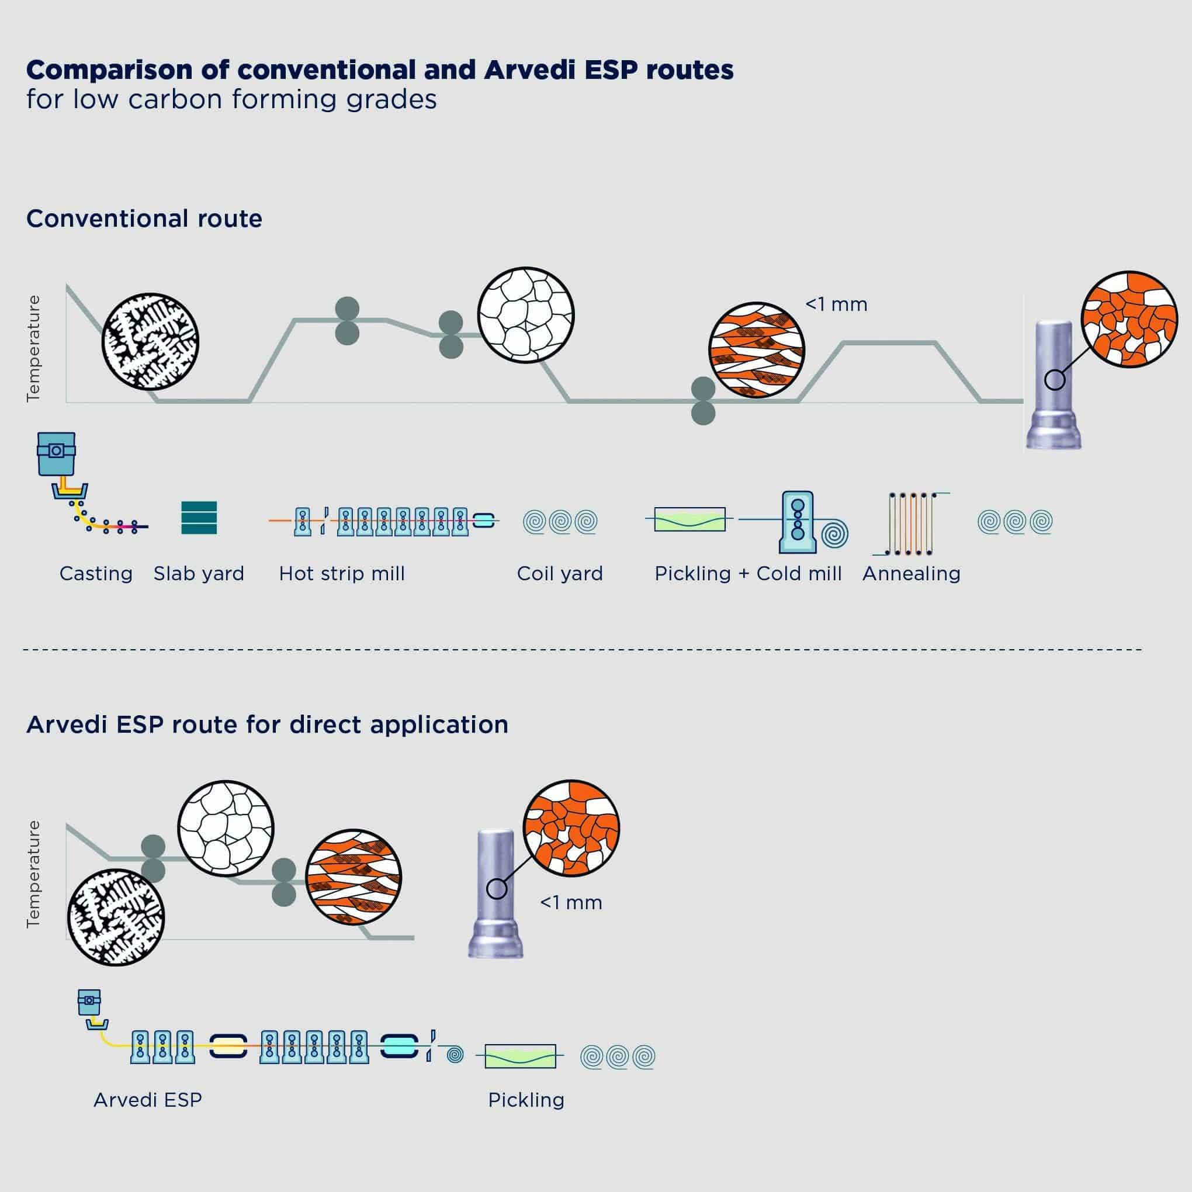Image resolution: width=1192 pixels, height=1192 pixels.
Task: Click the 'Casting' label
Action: click(x=96, y=574)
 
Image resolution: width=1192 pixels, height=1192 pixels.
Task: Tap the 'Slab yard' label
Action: click(x=199, y=574)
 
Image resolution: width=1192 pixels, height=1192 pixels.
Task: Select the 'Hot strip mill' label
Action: click(x=342, y=574)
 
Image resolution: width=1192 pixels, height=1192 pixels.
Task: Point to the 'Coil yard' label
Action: click(x=560, y=574)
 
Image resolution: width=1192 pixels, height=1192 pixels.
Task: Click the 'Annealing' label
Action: click(x=912, y=574)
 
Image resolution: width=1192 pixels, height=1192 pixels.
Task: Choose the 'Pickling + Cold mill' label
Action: click(x=748, y=574)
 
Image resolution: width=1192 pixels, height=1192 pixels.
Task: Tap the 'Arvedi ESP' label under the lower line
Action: click(x=147, y=1100)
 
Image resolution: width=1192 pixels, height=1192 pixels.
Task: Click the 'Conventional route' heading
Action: click(x=144, y=219)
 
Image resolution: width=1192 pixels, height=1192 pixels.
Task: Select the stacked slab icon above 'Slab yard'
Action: click(x=199, y=518)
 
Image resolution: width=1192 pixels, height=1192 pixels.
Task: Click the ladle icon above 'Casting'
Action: click(x=56, y=453)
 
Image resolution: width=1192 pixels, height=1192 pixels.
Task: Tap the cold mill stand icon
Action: click(x=798, y=522)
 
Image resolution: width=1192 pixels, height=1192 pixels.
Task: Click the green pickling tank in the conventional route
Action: click(x=689, y=519)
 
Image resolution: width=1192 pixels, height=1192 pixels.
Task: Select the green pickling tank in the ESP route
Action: click(x=520, y=1056)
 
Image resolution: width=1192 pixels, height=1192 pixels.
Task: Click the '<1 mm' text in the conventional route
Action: click(x=836, y=305)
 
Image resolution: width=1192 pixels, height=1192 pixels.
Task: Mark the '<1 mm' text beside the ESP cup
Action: click(x=571, y=903)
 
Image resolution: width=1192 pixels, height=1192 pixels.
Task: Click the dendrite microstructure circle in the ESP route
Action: click(x=116, y=917)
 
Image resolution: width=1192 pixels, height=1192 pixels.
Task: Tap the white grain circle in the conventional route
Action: click(x=526, y=316)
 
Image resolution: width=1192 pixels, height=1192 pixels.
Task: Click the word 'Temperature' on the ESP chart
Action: click(x=33, y=874)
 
